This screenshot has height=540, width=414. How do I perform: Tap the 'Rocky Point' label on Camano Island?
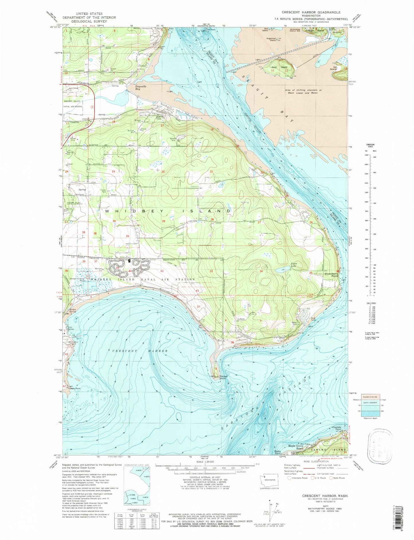[x=278, y=453]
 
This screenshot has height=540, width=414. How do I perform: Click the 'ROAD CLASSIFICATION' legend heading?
[x=316, y=469]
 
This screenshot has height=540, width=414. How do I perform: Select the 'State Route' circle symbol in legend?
[x=331, y=478]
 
